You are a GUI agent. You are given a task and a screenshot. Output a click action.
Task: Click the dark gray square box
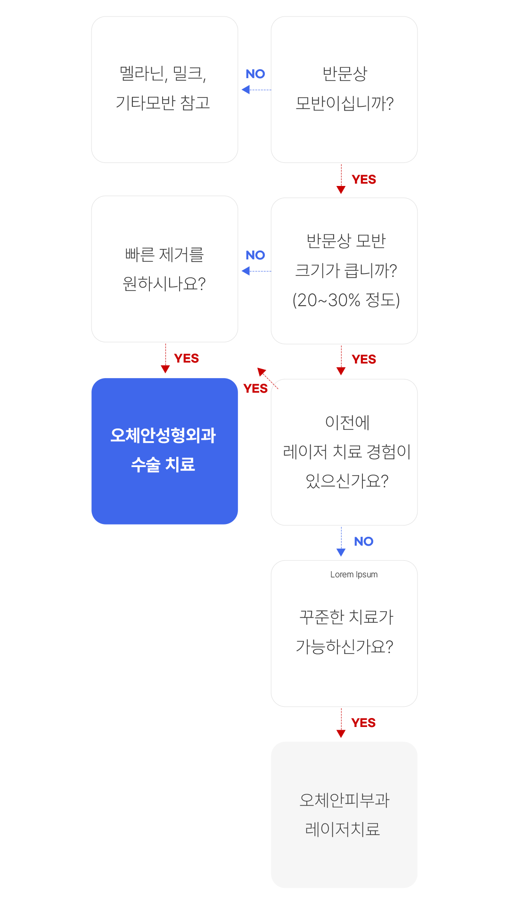pos(344,90)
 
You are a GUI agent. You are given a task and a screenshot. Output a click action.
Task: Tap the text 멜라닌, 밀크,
pos(163,73)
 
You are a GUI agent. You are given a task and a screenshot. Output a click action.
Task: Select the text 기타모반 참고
pos(163,103)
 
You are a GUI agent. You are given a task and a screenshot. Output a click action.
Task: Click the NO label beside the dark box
pos(255,74)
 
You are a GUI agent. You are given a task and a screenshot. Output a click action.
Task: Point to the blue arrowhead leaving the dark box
pos(246,89)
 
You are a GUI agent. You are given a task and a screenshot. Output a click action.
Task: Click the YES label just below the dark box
pos(363,179)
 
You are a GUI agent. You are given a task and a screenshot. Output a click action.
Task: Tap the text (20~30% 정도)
pos(346,300)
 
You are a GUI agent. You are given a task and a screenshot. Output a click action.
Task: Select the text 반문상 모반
pos(346,241)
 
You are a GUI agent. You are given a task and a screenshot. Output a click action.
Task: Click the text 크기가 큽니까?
pos(346,270)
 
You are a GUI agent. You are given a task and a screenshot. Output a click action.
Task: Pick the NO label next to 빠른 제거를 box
pos(255,255)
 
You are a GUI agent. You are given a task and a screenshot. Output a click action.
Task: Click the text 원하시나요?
pos(164,284)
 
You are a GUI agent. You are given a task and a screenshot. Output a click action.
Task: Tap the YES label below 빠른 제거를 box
pos(186,358)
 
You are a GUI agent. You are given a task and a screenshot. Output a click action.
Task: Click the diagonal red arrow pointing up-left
pos(267,378)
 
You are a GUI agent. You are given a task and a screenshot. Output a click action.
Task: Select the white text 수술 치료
pos(163,464)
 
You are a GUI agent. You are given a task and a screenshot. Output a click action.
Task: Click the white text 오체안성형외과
pos(163,435)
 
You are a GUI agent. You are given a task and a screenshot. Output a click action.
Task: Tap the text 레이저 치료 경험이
pos(346,452)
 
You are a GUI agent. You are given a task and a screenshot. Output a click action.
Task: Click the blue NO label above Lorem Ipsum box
pos(363,541)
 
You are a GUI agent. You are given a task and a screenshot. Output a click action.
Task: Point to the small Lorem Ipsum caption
pos(353,574)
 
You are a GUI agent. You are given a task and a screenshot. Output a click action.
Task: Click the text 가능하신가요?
pos(345,646)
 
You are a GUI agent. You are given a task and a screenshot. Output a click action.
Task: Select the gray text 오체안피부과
pos(345,800)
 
